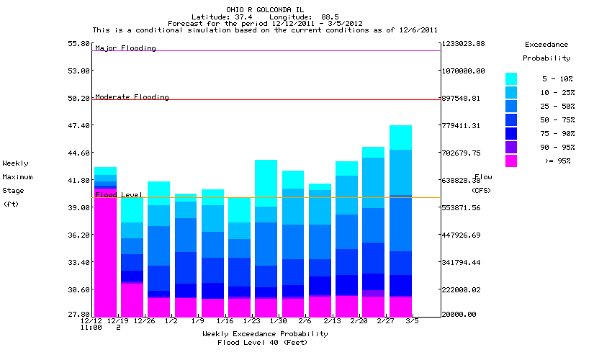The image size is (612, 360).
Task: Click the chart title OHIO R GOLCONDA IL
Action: pyautogui.click(x=266, y=9)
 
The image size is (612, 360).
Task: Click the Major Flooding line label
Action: pyautogui.click(x=125, y=48)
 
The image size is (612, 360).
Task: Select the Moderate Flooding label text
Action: pyautogui.click(x=132, y=97)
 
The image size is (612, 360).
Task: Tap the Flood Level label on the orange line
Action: pyautogui.click(x=119, y=195)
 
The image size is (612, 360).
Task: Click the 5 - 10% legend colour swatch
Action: pyautogui.click(x=511, y=78)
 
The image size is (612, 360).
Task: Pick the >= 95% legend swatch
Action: pyautogui.click(x=511, y=161)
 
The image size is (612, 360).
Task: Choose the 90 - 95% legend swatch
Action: pyautogui.click(x=511, y=148)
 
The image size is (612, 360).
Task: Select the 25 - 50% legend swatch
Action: pyautogui.click(x=511, y=106)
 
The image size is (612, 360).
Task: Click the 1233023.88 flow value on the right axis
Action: pyautogui.click(x=464, y=44)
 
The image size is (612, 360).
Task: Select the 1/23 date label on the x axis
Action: pyautogui.click(x=252, y=320)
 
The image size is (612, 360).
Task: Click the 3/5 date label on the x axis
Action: pyautogui.click(x=412, y=320)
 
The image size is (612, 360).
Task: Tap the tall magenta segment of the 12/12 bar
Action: pyautogui.click(x=105, y=252)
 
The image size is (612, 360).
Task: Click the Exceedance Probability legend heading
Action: pyautogui.click(x=546, y=50)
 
